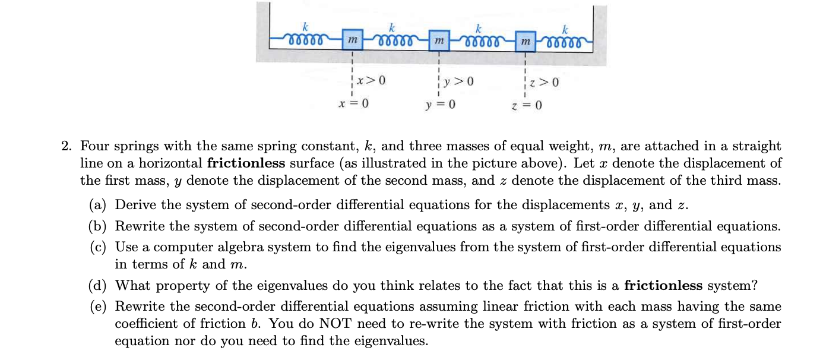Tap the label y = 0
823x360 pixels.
[440, 106]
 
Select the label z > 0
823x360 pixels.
[545, 81]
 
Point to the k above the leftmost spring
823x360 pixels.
[306, 26]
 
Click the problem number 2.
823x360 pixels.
[67, 146]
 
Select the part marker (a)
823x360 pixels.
[97, 206]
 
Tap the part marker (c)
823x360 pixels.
[97, 247]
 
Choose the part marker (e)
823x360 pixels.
[97, 307]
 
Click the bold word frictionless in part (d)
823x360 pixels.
[663, 286]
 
